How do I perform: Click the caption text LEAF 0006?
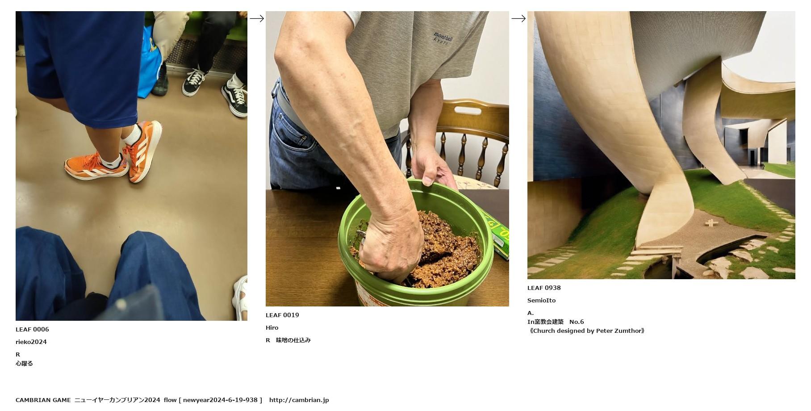click(x=32, y=329)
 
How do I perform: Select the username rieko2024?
click(x=31, y=342)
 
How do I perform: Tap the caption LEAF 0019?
click(x=282, y=315)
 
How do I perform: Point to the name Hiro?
click(x=272, y=327)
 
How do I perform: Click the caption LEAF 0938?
click(x=544, y=288)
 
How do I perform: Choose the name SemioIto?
click(x=541, y=300)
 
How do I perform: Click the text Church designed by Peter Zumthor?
click(x=587, y=331)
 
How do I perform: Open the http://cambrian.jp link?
click(x=299, y=400)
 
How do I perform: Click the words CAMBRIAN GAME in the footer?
click(x=43, y=400)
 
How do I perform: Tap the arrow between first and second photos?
click(x=257, y=18)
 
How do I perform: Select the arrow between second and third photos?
click(x=518, y=18)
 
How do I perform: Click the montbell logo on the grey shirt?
click(x=443, y=38)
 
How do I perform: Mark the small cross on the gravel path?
click(x=711, y=222)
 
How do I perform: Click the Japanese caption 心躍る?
click(x=24, y=363)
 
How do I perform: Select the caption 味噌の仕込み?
click(x=293, y=340)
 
